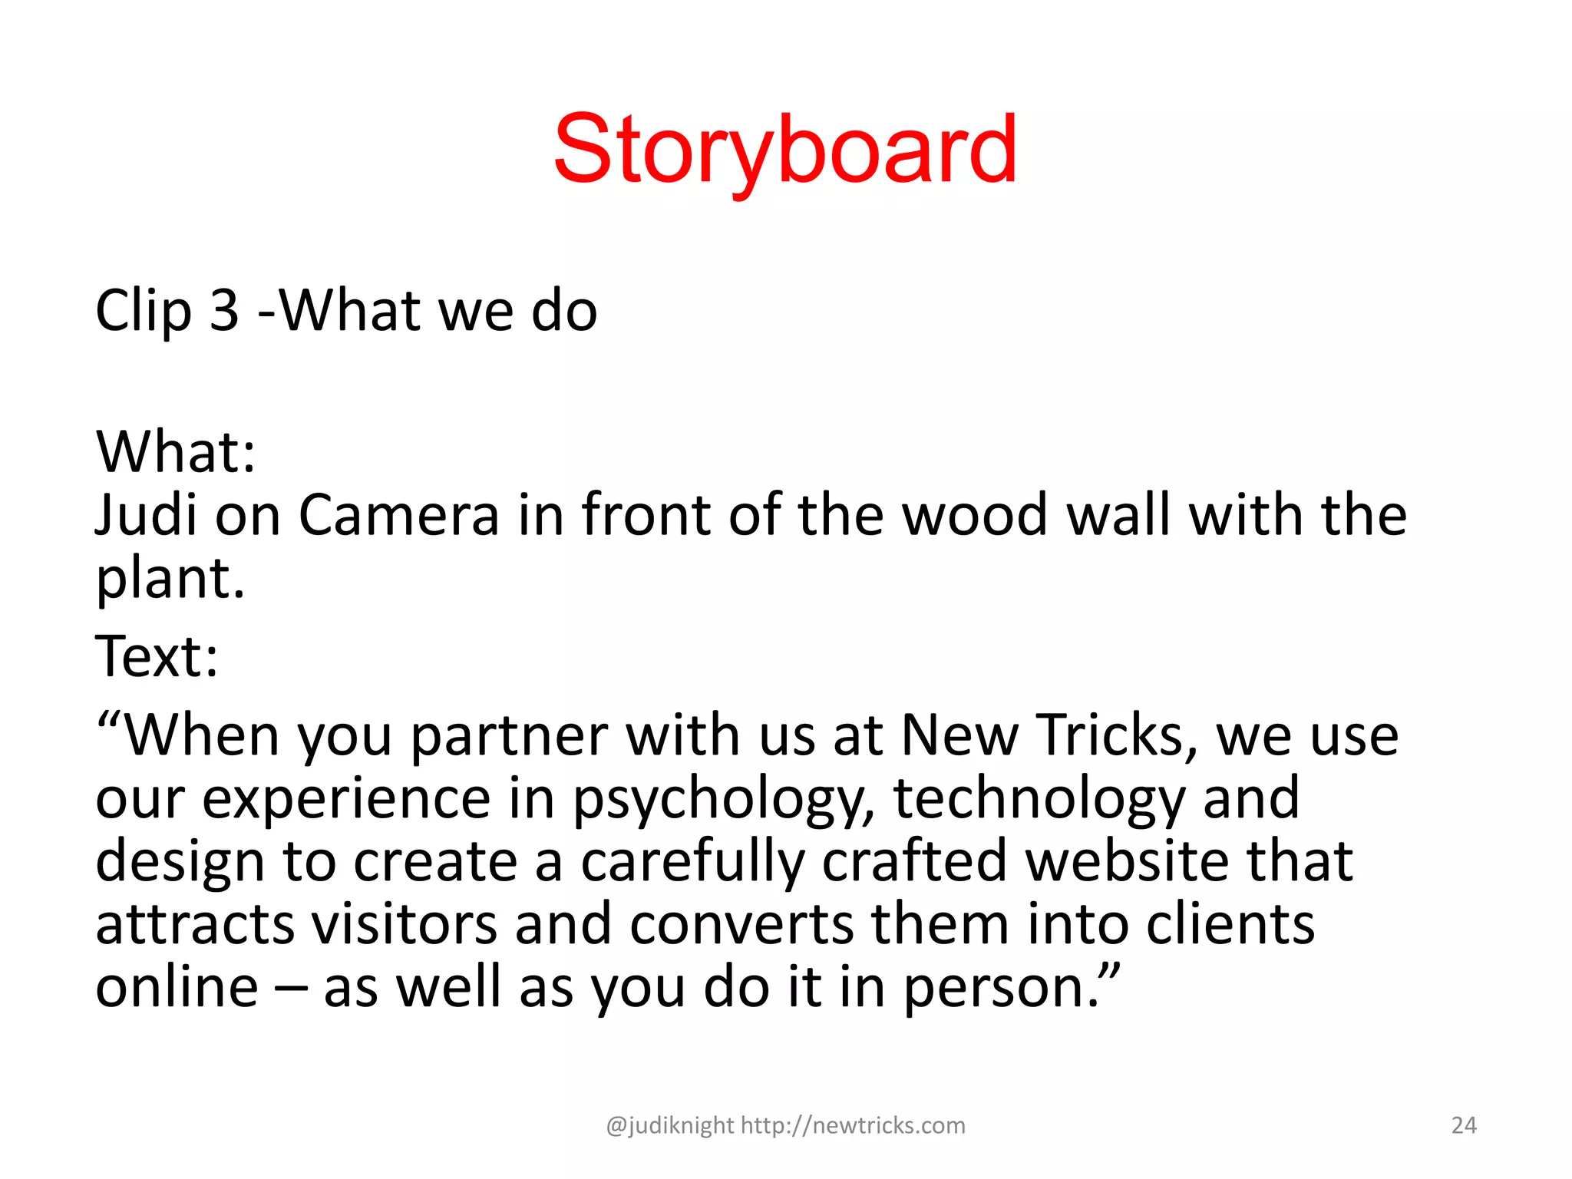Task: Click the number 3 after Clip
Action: pyautogui.click(x=224, y=311)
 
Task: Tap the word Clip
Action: pyautogui.click(x=143, y=311)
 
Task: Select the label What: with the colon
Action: pyautogui.click(x=176, y=451)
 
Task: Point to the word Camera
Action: pyautogui.click(x=398, y=514)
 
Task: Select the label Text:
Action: pyautogui.click(x=157, y=657)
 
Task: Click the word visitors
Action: pyautogui.click(x=405, y=924)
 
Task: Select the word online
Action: pyautogui.click(x=177, y=987)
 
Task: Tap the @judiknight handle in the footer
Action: pyautogui.click(x=669, y=1125)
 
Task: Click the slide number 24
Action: pyautogui.click(x=1464, y=1125)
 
